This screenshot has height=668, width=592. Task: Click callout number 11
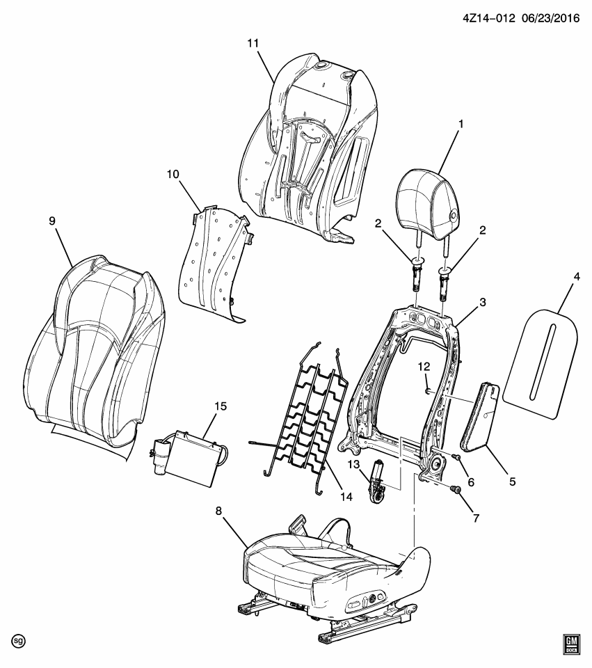pos(253,43)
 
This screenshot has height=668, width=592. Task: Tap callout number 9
pos(52,221)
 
